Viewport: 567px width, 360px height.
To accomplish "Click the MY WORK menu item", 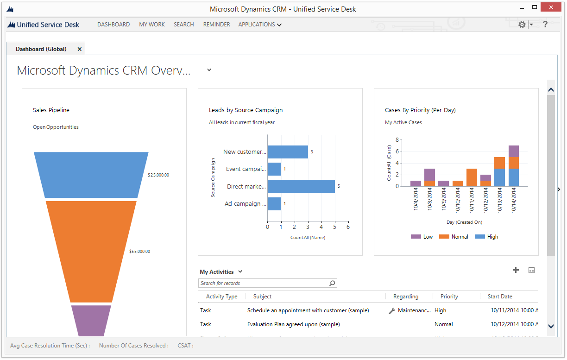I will point(152,25).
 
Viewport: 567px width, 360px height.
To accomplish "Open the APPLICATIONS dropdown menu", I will point(259,25).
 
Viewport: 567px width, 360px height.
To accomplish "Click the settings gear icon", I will point(522,25).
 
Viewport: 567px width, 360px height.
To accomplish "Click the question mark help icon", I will point(545,25).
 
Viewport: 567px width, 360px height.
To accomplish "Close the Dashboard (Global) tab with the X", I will point(80,49).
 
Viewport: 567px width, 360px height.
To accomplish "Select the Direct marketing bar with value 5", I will point(301,186).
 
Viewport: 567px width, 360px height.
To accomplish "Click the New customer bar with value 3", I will point(287,152).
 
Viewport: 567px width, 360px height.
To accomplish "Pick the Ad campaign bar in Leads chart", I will point(274,204).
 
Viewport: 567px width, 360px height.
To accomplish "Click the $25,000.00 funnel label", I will point(158,175).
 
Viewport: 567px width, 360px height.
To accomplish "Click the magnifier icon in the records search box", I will point(332,283).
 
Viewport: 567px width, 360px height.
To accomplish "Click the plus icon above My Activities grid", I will point(516,270).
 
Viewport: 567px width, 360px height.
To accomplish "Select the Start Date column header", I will point(500,297).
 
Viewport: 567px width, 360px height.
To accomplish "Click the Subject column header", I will point(262,297).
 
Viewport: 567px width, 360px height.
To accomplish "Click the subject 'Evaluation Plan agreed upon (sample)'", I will point(293,324).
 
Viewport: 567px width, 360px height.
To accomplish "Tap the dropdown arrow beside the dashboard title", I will point(209,70).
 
